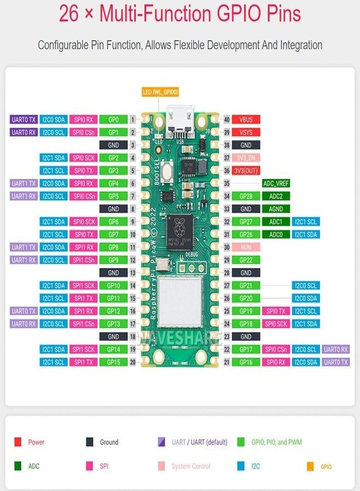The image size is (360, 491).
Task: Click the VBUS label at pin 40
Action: [x=246, y=119]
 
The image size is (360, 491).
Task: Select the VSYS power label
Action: [x=246, y=132]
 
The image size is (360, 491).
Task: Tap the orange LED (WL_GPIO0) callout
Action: [x=160, y=92]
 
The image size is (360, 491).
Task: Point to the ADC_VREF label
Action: [x=275, y=183]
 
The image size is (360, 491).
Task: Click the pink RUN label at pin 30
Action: [x=246, y=247]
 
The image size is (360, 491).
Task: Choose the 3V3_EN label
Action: [x=246, y=158]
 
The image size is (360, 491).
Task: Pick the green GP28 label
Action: [x=246, y=196]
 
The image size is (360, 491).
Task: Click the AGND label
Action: [x=275, y=209]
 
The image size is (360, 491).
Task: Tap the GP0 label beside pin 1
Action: [x=113, y=119]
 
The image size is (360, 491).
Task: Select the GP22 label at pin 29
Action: [x=246, y=260]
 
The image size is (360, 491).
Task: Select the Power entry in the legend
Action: [x=37, y=442]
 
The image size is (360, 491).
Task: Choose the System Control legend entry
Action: [x=190, y=466]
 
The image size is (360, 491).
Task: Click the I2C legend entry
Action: [x=256, y=466]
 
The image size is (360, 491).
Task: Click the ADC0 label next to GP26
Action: [x=275, y=235]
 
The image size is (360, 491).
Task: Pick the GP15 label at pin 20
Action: [x=113, y=362]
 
